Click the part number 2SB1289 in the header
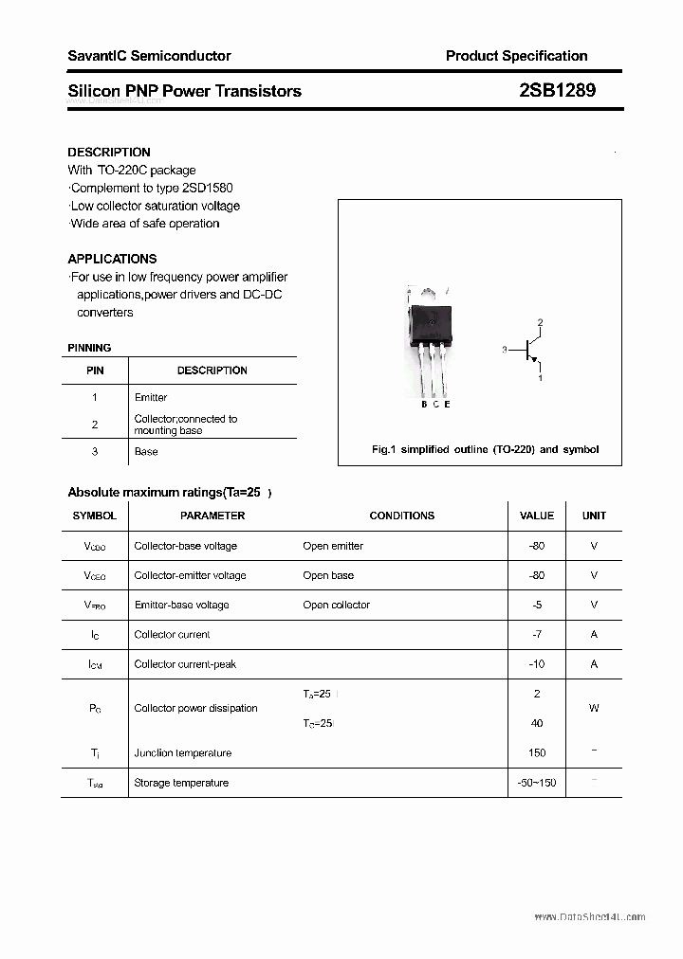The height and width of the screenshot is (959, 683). click(x=558, y=91)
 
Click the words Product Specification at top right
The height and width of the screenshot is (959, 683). click(x=516, y=56)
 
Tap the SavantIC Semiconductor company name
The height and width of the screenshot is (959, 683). click(x=149, y=56)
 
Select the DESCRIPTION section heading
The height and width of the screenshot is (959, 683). click(x=109, y=152)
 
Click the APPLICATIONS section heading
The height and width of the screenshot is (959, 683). click(x=112, y=259)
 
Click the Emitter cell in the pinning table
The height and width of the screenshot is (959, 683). click(x=151, y=398)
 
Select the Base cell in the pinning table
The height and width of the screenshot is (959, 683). click(x=146, y=452)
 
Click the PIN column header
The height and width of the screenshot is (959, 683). click(x=95, y=371)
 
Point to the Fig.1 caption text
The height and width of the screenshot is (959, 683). click(x=485, y=450)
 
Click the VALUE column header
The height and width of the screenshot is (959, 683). click(x=537, y=516)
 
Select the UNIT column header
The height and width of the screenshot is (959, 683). click(x=594, y=516)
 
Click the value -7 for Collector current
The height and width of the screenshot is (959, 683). click(x=537, y=635)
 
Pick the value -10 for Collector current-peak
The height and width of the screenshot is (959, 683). click(x=537, y=664)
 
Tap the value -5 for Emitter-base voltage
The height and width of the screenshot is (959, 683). click(x=537, y=605)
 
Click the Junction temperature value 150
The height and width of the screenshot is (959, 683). click(x=537, y=753)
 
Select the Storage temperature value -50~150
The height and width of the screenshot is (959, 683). click(x=537, y=783)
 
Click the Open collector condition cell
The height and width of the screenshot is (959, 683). click(x=337, y=605)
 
